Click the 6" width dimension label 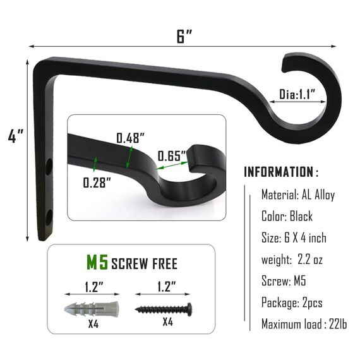pyautogui.click(x=184, y=37)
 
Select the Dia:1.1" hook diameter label pyautogui.click(x=302, y=95)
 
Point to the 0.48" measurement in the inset pyautogui.click(x=130, y=136)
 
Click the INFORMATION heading pyautogui.click(x=281, y=172)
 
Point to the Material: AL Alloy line pyautogui.click(x=298, y=195)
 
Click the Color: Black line pyautogui.click(x=287, y=216)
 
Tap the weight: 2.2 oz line pyautogui.click(x=294, y=260)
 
